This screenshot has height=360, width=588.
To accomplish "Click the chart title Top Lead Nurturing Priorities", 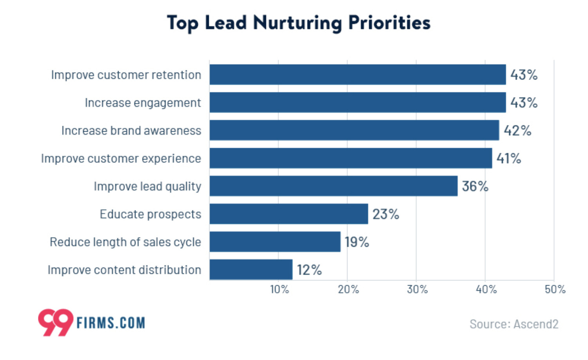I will pos(299,23).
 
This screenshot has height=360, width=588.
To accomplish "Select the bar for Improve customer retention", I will pos(357,74).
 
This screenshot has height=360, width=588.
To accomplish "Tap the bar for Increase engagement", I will pos(357,102).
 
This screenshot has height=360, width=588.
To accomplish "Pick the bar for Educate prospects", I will pos(289,214).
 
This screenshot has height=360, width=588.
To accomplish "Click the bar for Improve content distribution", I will pos(251,270).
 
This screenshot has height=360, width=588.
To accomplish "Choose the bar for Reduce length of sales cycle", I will pos(275,242).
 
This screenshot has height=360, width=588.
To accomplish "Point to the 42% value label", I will pos(517,130).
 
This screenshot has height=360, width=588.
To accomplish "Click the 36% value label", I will pos(475,186).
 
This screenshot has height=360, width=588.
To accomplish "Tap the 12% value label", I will pos(309,270).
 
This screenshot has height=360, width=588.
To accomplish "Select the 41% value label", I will pos(508,158).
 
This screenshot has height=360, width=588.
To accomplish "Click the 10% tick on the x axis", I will pos(279,289).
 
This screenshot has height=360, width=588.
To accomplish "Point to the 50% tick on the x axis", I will pos(555,289).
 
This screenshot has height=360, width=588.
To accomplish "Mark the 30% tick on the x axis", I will pos(417,289).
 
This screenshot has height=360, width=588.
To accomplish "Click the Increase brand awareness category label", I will pos(131,130).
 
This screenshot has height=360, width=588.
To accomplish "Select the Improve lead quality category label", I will pos(147,186).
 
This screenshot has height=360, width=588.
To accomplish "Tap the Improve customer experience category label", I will pos(121,158).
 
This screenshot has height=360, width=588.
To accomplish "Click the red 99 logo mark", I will pos(55,322).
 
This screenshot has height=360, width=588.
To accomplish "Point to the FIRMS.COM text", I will pos(110,323).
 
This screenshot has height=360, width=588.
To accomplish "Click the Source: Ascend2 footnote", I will pos(514,324).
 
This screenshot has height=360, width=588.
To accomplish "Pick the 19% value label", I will pos(356,242).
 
